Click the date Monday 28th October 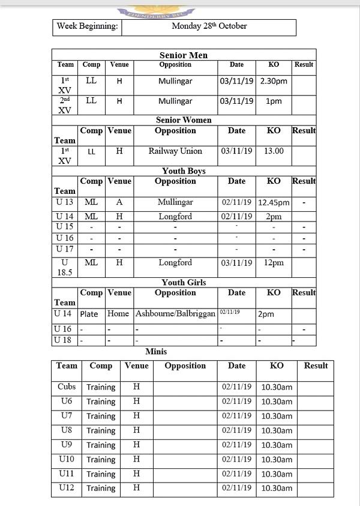coord(209,26)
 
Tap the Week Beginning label coord(87,26)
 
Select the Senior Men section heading coord(184,55)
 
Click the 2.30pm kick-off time coord(274,81)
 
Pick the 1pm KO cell coord(274,101)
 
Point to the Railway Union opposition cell coord(175,151)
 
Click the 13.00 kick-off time coord(274,151)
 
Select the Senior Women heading coord(184,120)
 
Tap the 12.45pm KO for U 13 coord(274,203)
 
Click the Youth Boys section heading coord(184,171)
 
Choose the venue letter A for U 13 coord(119,203)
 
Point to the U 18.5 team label coord(65,267)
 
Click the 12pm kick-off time coord(274,263)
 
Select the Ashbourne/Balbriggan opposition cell coord(175,314)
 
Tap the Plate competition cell coord(89,314)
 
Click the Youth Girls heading coord(184,282)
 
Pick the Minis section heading coord(156,352)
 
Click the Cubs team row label coord(67,387)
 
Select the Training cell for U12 coord(101,488)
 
